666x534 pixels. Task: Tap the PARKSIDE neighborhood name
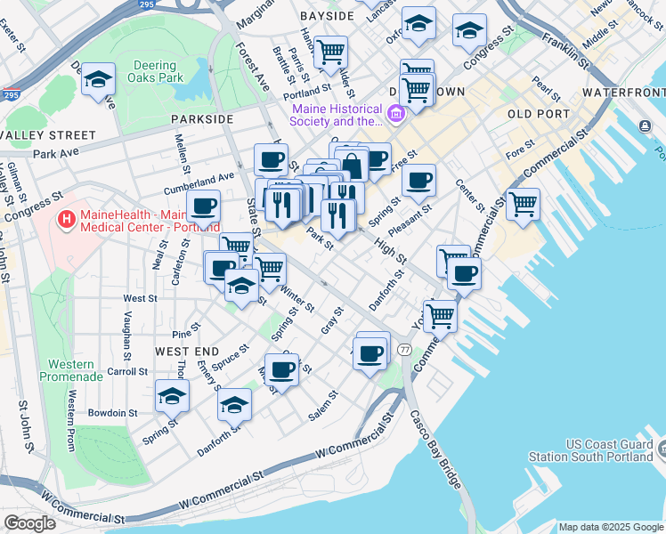point(203,118)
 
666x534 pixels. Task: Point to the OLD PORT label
point(538,114)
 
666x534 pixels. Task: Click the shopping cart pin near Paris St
point(330,51)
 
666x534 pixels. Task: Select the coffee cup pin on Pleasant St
point(418,180)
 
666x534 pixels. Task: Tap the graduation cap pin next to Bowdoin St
point(172,394)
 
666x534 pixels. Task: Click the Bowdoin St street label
point(112,413)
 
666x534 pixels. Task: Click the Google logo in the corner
point(29,523)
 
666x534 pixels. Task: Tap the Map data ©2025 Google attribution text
point(610,527)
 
